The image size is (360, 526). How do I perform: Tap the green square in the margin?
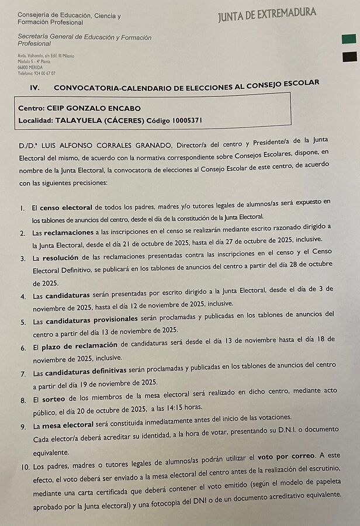(349, 39)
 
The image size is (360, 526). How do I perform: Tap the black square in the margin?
(349, 56)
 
